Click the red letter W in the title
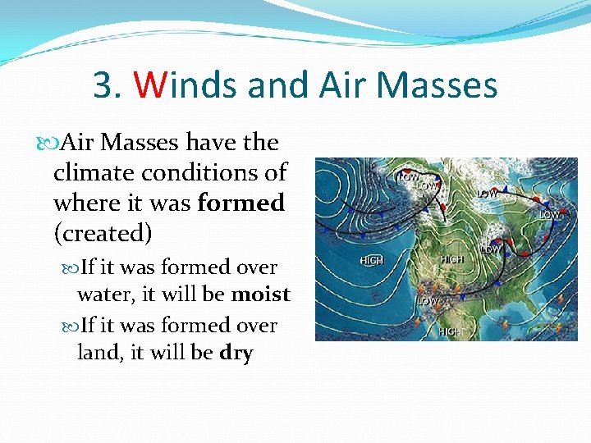coord(150,84)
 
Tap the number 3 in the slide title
coord(103,84)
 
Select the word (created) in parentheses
coord(103,233)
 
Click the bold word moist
coord(261,294)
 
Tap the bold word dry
coord(236,354)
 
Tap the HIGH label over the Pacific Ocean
coord(372,260)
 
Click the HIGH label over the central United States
coord(452,259)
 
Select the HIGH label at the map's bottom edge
coord(449,331)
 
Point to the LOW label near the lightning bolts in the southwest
coord(427,301)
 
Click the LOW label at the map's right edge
coord(549,215)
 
